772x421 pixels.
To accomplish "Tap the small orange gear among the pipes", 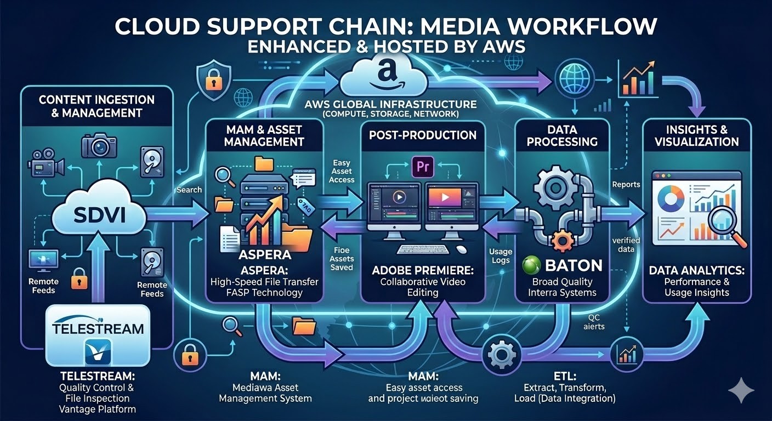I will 561,240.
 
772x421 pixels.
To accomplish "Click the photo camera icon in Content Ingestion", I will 99,145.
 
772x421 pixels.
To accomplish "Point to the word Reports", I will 626,184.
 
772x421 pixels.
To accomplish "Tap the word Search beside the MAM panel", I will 189,190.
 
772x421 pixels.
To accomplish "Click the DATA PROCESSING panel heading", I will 562,135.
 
